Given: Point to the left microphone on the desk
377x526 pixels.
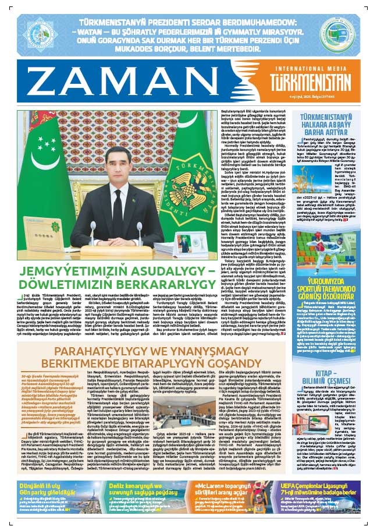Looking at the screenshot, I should pyautogui.click(x=92, y=230).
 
